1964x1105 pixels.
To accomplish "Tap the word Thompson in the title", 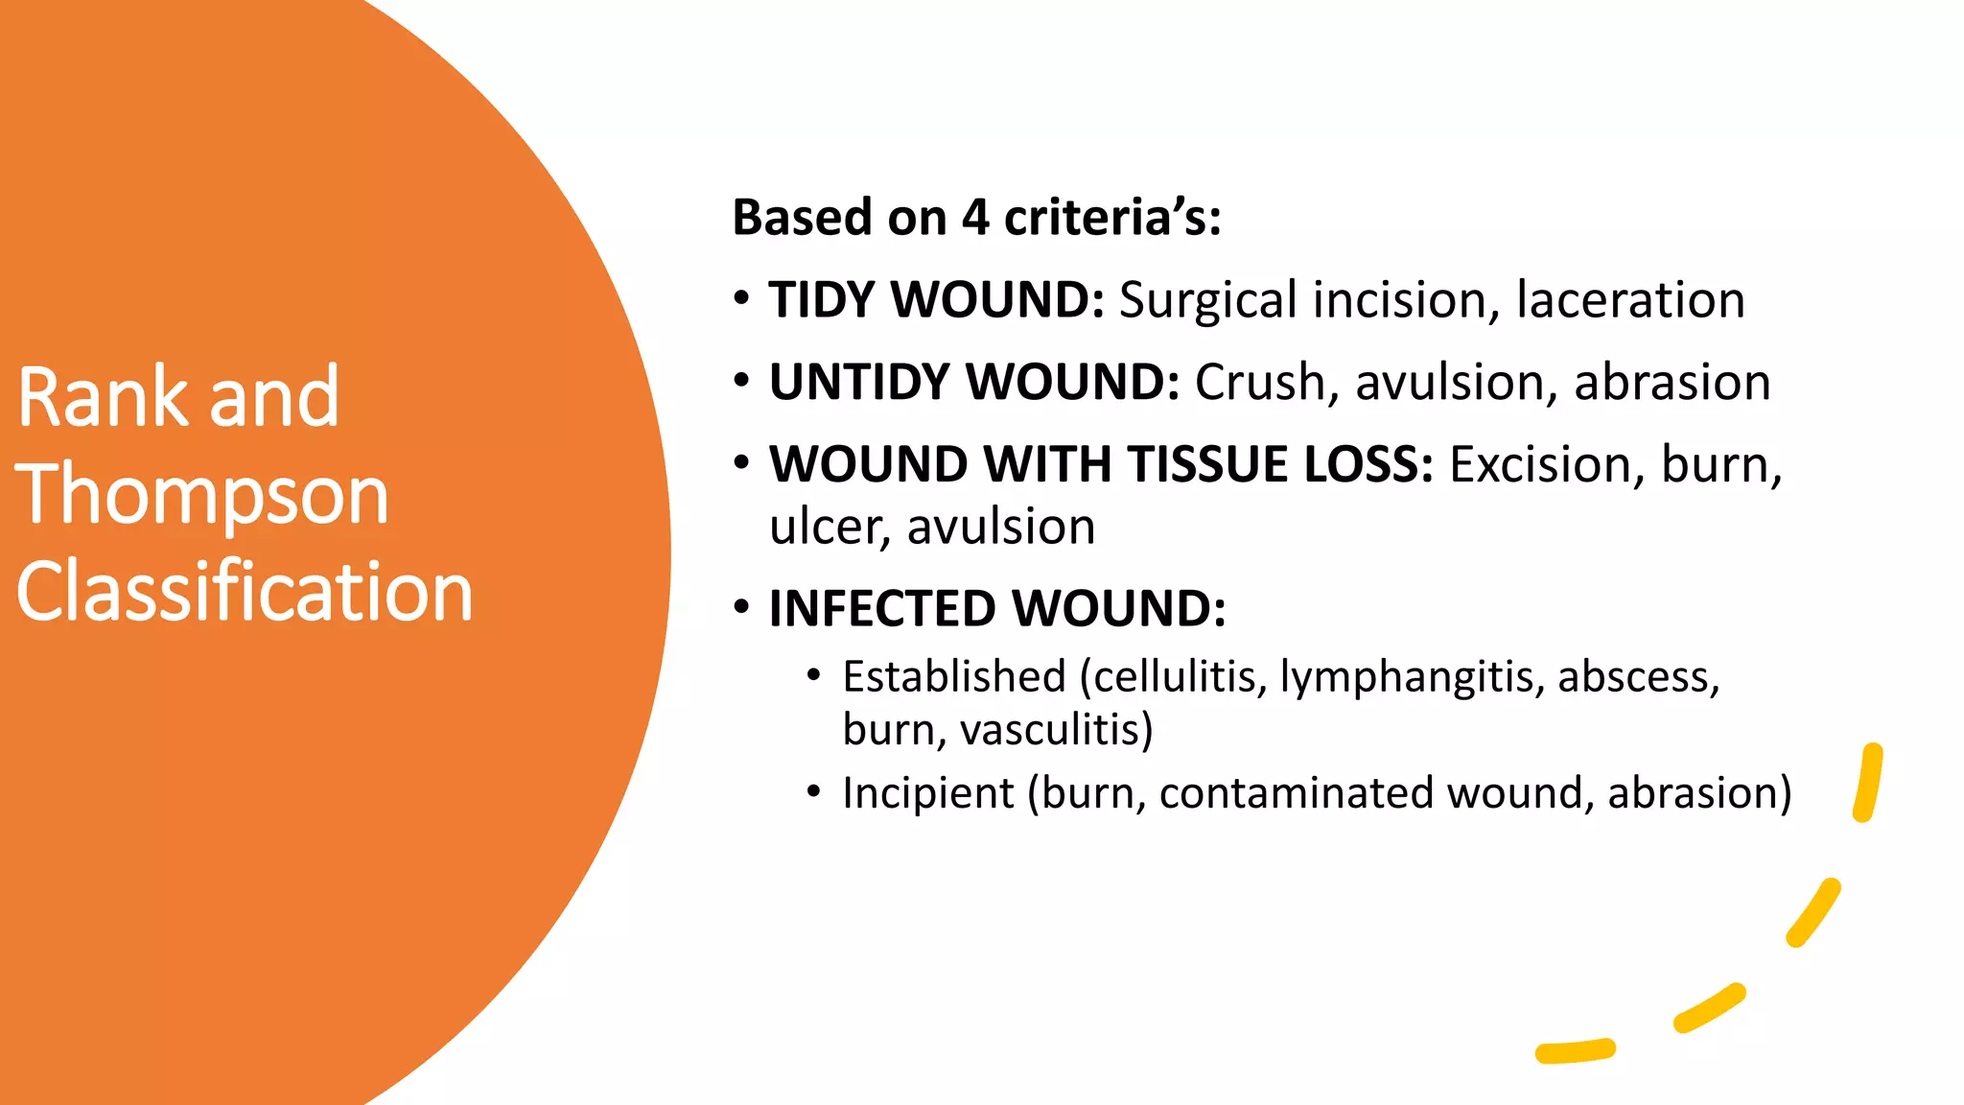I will click(201, 496).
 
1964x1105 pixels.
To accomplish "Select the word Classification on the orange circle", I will click(245, 592).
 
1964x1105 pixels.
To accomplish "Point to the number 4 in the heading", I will click(974, 218).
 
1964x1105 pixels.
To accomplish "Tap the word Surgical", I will click(1206, 301).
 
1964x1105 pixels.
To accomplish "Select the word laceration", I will click(1629, 300).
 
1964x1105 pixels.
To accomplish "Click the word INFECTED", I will click(882, 609).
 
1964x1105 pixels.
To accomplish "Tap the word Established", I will click(954, 677).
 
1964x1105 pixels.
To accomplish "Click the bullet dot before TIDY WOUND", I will click(741, 299).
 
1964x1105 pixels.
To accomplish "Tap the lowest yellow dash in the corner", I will click(1575, 1051).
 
